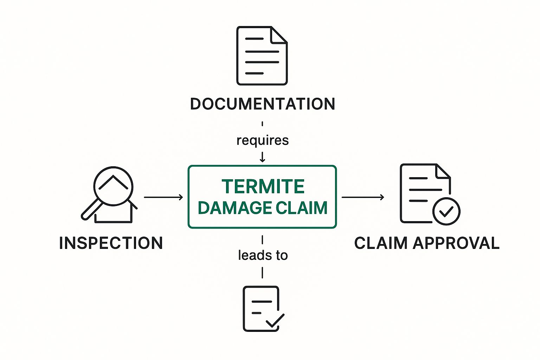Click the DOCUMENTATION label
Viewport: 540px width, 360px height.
[262, 104]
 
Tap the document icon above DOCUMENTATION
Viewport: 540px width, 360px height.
[262, 56]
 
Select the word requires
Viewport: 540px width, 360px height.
[262, 140]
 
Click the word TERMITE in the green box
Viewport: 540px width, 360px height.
[263, 186]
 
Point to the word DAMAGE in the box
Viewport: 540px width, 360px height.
[235, 208]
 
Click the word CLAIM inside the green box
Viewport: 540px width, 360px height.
[302, 208]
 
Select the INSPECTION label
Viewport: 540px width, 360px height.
[111, 243]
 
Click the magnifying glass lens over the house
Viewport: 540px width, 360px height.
[113, 186]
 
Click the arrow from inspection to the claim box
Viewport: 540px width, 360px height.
[163, 197]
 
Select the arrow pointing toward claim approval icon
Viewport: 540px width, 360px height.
[362, 197]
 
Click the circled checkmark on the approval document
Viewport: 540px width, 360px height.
[446, 211]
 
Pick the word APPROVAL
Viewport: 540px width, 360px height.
[456, 243]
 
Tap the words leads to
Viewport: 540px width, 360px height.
[263, 255]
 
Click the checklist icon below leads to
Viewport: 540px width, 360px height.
[262, 309]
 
